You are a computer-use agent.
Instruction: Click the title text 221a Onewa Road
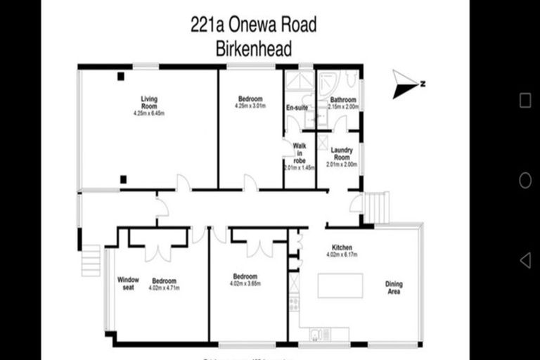(253, 26)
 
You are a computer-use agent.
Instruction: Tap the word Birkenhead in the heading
(253, 50)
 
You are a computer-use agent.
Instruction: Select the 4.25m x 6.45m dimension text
(148, 113)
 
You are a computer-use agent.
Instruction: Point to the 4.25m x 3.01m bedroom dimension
(250, 106)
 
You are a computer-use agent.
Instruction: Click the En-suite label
(297, 108)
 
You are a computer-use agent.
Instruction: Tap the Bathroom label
(343, 100)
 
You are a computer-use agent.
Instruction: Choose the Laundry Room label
(342, 153)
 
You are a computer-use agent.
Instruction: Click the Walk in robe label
(300, 153)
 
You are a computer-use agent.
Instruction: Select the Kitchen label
(343, 247)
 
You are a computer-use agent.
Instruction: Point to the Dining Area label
(394, 288)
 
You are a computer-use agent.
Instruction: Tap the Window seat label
(129, 283)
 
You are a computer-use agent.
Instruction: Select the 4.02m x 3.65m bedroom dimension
(245, 284)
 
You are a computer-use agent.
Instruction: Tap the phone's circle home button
(525, 181)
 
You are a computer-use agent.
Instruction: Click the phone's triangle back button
(525, 260)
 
